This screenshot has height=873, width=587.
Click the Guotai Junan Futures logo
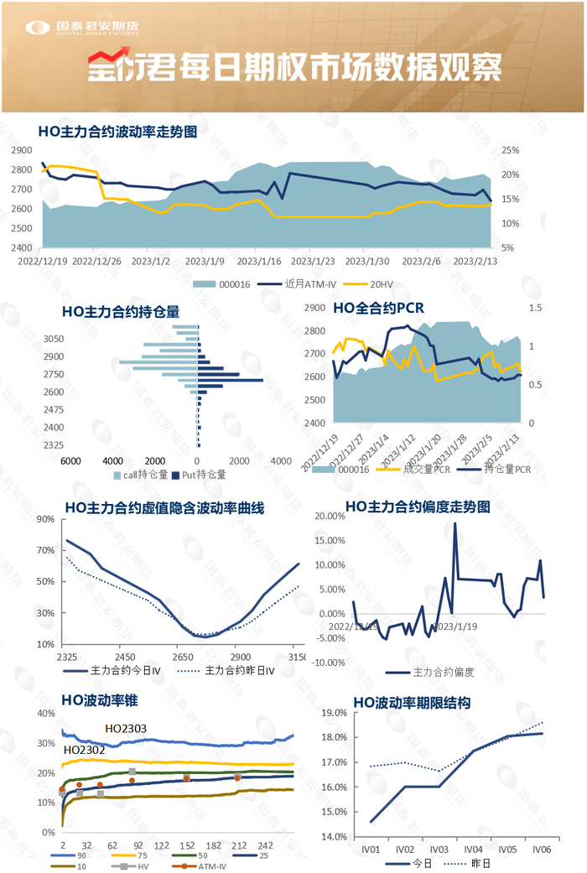pos(81,28)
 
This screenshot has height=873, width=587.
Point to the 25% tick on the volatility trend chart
pos(512,150)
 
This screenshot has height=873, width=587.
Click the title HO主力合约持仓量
pos(120,311)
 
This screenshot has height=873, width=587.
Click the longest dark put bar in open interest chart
pos(231,381)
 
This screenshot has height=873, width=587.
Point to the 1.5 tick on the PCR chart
pos(536,309)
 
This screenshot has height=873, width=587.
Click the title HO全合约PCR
pos(378,309)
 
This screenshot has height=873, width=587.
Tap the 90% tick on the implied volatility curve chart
pos(44,520)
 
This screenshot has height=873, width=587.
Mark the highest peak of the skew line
pos(455,524)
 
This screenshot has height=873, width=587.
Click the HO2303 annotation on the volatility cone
pos(126,729)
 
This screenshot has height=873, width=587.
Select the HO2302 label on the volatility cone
pos(84,749)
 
